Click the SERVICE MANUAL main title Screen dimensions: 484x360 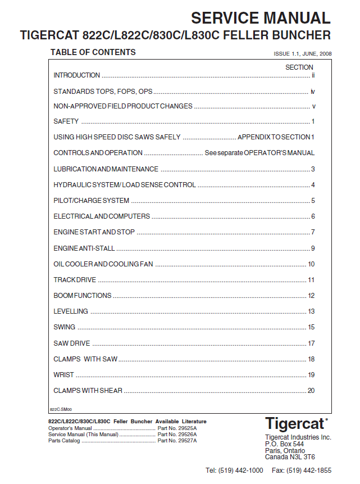click(261, 18)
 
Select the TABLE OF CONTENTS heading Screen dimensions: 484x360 click(93, 52)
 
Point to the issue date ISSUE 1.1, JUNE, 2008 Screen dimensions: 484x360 click(302, 54)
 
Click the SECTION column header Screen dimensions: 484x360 click(299, 67)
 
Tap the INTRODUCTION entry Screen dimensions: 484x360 click(77, 75)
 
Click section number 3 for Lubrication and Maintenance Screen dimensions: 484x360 click(313, 169)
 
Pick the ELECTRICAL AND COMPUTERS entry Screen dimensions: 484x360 click(102, 216)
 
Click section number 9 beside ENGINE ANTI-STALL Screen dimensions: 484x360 click(313, 248)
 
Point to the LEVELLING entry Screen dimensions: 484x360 click(71, 311)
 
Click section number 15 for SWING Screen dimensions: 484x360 click(311, 327)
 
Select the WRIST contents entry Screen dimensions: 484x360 click(64, 375)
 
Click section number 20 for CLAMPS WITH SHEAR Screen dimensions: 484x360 click(311, 391)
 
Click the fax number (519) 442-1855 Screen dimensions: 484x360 click(309, 471)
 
